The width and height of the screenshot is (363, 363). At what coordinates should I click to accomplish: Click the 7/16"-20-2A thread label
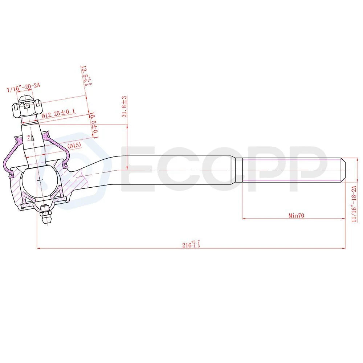coord(23,87)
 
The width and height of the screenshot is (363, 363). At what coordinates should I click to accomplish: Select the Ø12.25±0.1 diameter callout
coord(58,113)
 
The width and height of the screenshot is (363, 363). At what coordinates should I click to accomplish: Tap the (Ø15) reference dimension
coord(74,146)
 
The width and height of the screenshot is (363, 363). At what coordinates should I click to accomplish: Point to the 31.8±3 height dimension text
coord(124,107)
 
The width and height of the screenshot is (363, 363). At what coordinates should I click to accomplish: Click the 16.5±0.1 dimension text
coord(94,125)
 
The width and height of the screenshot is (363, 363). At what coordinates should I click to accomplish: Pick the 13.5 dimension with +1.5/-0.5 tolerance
coord(86,76)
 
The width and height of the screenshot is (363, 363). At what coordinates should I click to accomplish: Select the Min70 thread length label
coord(296,216)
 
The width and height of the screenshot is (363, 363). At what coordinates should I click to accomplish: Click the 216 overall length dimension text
coord(191,244)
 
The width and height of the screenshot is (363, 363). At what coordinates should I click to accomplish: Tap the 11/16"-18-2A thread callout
coord(354,204)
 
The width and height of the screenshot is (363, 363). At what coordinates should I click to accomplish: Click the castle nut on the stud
coord(27,107)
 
